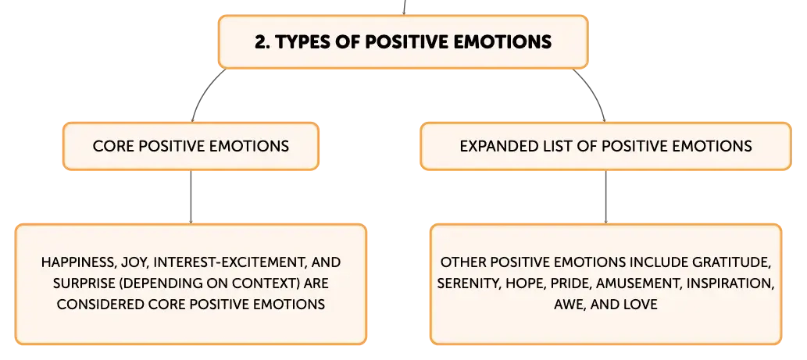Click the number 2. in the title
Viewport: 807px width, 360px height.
click(x=262, y=41)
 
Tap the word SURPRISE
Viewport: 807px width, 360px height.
click(x=84, y=283)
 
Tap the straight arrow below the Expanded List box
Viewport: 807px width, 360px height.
click(x=605, y=197)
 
